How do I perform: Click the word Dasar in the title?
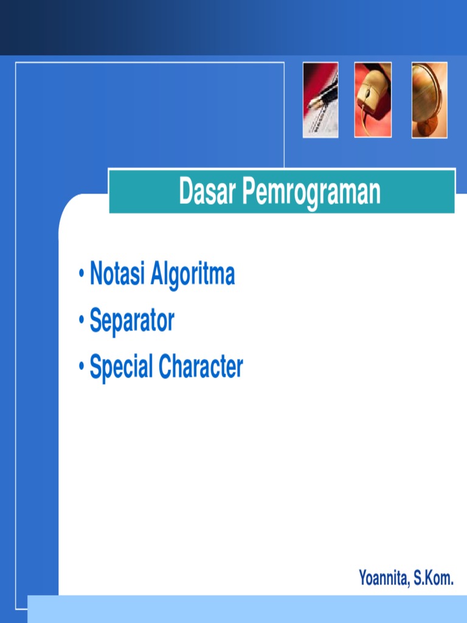click(x=207, y=192)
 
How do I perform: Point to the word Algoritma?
click(x=193, y=275)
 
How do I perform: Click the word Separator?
click(x=132, y=321)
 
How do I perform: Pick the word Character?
click(x=201, y=367)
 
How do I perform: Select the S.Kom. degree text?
click(x=434, y=578)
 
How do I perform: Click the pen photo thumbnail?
click(x=320, y=100)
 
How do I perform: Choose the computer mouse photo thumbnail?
click(x=373, y=100)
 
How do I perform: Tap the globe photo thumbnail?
click(x=429, y=100)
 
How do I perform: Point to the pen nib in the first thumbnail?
click(x=314, y=104)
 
